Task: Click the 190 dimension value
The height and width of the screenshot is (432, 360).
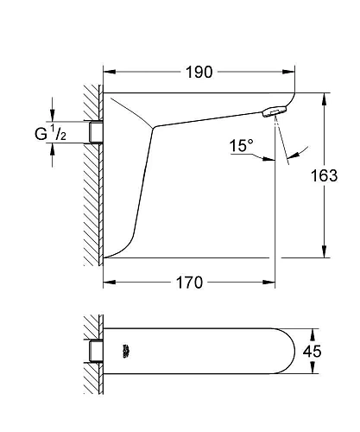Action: [199, 72]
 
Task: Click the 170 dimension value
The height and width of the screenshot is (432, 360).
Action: [189, 283]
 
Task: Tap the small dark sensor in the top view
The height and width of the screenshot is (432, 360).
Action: [127, 350]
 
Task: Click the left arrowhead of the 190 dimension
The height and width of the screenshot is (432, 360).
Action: [108, 72]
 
